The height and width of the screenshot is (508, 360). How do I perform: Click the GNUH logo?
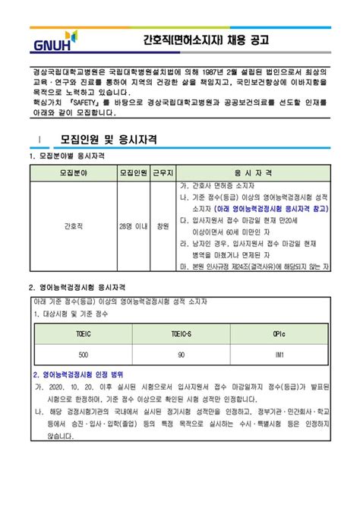pyautogui.click(x=51, y=40)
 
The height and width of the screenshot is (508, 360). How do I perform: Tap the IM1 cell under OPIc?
pyautogui.click(x=279, y=355)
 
